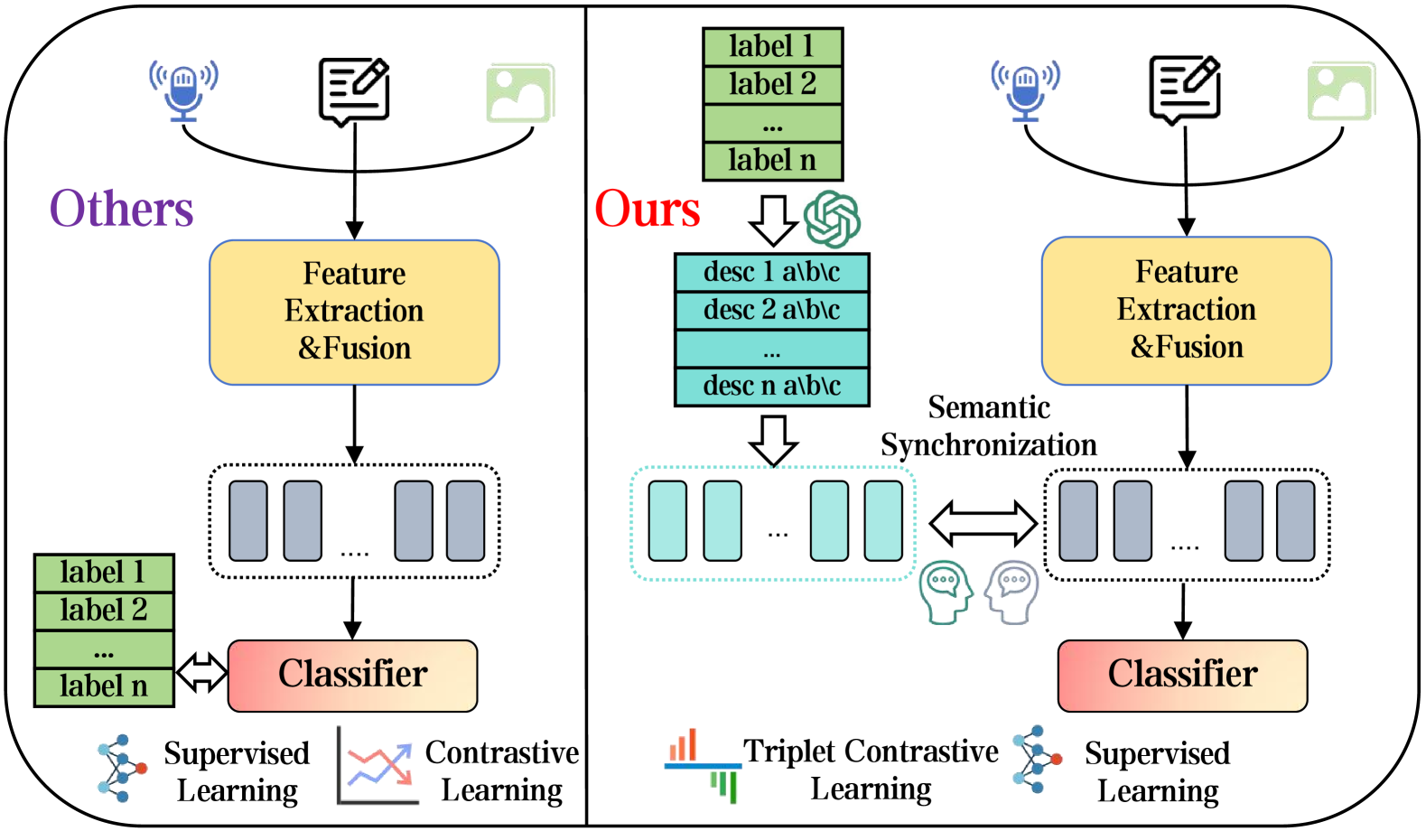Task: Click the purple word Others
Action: [121, 209]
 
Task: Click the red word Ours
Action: [647, 209]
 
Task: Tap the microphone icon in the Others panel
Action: [183, 91]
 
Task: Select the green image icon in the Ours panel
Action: [1341, 91]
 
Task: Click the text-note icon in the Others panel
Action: [354, 91]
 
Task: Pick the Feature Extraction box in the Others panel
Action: [354, 312]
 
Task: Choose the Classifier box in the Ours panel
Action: [1182, 675]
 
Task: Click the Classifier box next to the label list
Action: [352, 675]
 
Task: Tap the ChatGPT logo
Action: [832, 219]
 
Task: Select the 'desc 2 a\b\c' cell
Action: [771, 310]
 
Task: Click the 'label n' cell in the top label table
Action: [772, 161]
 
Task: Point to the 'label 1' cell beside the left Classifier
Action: [103, 573]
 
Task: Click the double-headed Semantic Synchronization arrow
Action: [983, 523]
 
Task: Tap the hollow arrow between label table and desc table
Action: [773, 219]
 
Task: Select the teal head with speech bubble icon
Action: [945, 592]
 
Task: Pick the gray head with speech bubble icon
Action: [1012, 592]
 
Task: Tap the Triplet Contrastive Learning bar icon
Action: [703, 765]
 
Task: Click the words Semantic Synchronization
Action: [989, 426]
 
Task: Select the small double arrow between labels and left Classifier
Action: [201, 672]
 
